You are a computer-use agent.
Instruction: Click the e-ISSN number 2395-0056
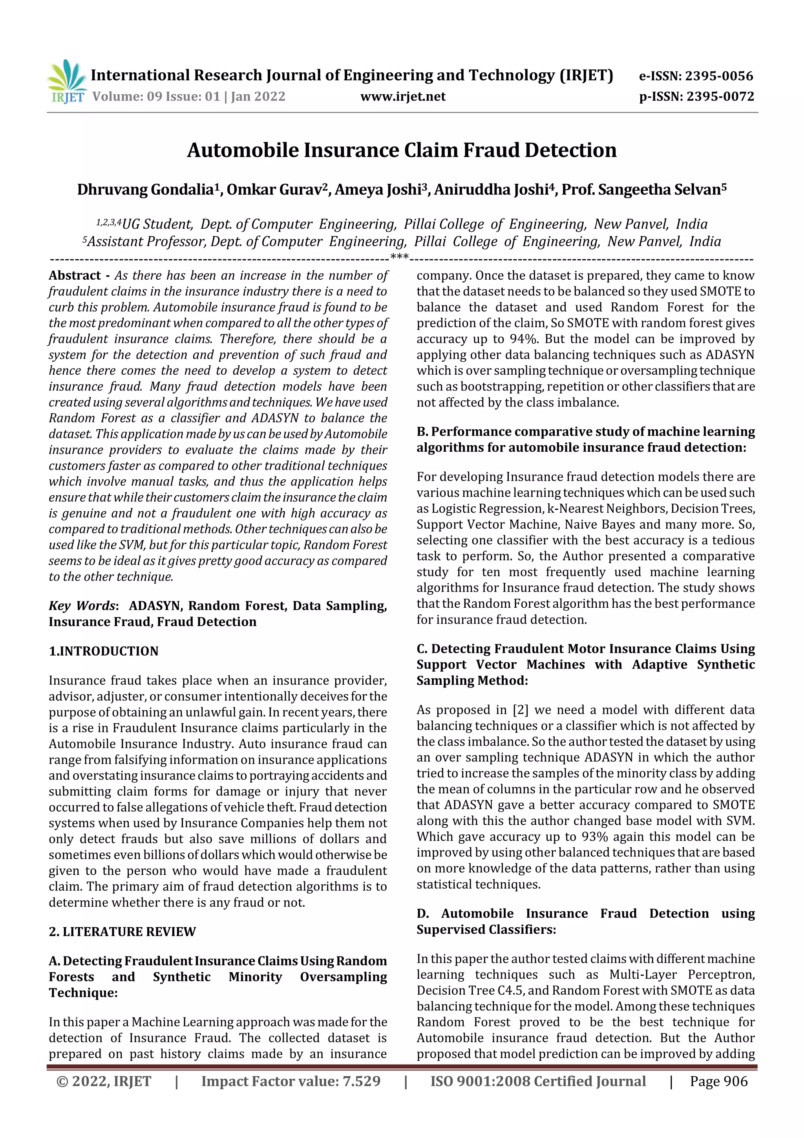pos(719,76)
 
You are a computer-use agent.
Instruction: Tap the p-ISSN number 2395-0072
pos(720,96)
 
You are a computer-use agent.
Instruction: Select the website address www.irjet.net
pos(403,96)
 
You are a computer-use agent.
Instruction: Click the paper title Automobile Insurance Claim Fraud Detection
pos(401,150)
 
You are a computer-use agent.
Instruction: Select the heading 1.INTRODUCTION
pos(104,651)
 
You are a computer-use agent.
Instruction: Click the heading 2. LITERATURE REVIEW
pos(122,931)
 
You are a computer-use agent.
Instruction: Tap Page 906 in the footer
pos(718,1081)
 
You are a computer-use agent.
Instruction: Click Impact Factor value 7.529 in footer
pos(291,1081)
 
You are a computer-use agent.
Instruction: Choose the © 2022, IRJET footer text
pos(104,1081)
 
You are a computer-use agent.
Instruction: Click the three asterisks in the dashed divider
pos(399,257)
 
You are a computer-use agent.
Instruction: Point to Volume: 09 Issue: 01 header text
pos(189,96)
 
